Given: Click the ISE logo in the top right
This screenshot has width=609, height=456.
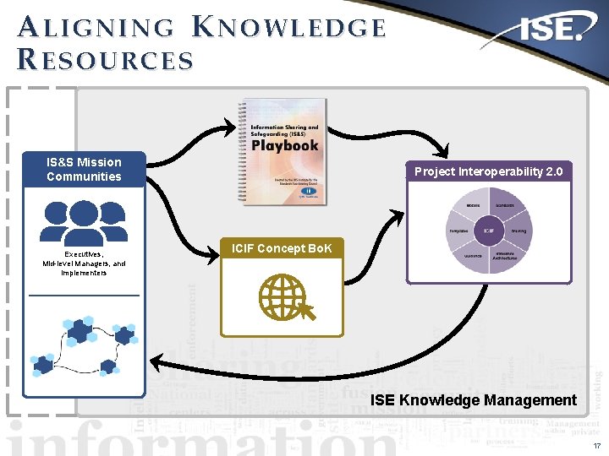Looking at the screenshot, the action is click(551, 32).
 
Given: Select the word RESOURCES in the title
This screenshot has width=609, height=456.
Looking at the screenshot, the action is click(105, 61).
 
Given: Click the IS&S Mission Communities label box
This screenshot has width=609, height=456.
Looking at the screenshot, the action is click(84, 169).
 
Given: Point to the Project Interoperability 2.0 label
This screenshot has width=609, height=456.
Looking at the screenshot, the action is click(488, 171).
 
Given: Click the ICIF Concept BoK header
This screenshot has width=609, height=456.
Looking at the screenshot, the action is click(282, 248).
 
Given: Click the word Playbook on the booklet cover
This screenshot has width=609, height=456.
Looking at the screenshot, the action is click(285, 144).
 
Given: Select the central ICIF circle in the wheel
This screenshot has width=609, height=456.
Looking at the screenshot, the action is click(489, 230).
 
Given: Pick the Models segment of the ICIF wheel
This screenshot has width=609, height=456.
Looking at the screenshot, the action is click(474, 205).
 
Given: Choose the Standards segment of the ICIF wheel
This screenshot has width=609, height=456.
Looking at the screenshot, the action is click(505, 205).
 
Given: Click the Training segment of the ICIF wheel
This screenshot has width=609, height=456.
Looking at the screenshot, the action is click(518, 230).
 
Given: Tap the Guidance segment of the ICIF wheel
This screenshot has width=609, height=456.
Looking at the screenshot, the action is click(474, 254).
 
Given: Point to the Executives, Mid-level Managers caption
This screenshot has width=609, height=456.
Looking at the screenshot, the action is click(84, 263).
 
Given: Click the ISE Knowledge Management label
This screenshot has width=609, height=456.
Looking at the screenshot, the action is click(474, 400).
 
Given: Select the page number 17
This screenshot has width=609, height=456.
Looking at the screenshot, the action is click(595, 444).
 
